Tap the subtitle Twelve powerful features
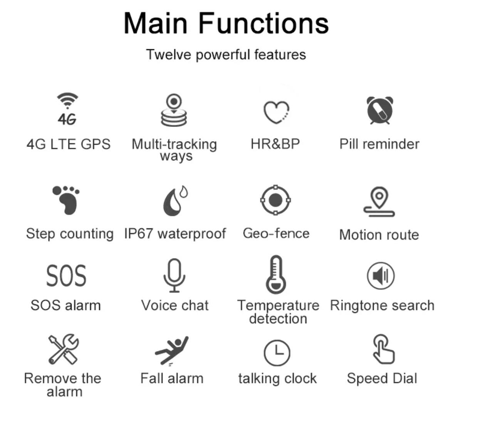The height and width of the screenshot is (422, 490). coord(226,55)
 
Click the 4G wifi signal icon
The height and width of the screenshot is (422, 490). coord(67,109)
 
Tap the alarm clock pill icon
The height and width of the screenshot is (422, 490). coord(380,110)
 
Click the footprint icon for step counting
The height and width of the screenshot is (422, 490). coord(66,200)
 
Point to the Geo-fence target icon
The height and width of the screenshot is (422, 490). coord(275,200)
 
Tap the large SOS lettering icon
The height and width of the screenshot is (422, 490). coord(66,275)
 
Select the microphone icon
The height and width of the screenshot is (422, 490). coord(174,275)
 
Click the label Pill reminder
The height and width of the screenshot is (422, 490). coord(379,144)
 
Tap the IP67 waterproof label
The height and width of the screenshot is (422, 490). coord(175,234)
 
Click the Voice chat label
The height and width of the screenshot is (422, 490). coord(175,305)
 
